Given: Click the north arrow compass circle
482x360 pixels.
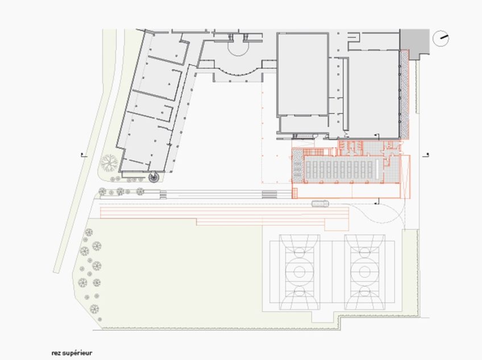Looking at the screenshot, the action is [441, 39].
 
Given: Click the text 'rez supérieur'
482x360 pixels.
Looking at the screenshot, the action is [72, 353].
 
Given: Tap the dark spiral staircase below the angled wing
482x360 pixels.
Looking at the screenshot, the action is [153, 177].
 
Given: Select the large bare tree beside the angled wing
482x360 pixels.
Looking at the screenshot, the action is [109, 162].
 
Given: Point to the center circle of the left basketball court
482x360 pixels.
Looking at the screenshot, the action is [300, 272].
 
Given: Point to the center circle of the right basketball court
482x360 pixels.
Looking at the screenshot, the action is [364, 272].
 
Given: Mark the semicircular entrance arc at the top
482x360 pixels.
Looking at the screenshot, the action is [238, 51].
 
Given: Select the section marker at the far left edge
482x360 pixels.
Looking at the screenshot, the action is [82, 155].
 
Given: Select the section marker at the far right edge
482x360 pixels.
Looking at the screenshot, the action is [426, 155].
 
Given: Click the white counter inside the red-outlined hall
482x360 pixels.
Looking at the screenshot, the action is [377, 169].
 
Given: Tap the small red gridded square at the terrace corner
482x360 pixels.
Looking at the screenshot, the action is [295, 193].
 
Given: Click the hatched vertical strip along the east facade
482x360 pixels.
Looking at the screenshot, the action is [405, 94].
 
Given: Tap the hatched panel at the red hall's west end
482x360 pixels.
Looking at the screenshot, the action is [297, 168].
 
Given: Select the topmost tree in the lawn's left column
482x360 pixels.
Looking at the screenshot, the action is [89, 232].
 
